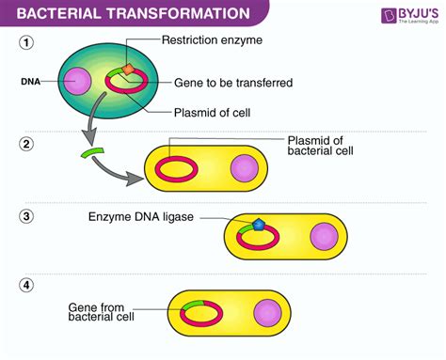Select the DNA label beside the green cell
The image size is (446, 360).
coord(29,82)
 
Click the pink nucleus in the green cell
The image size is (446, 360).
coord(77,81)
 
